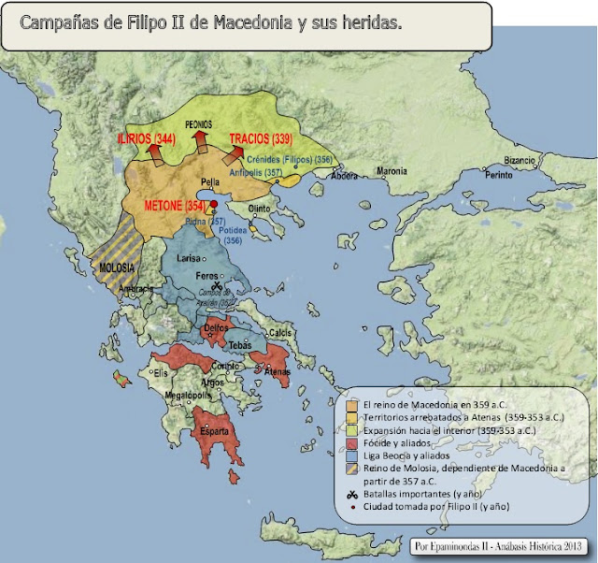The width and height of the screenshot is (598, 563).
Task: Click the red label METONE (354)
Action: pos(175,205)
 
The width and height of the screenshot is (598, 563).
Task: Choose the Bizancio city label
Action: pos(520,160)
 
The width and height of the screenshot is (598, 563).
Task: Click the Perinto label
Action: pos(501,175)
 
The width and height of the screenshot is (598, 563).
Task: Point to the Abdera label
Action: pos(345,175)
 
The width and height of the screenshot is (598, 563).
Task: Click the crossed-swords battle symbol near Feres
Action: pos(217,286)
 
